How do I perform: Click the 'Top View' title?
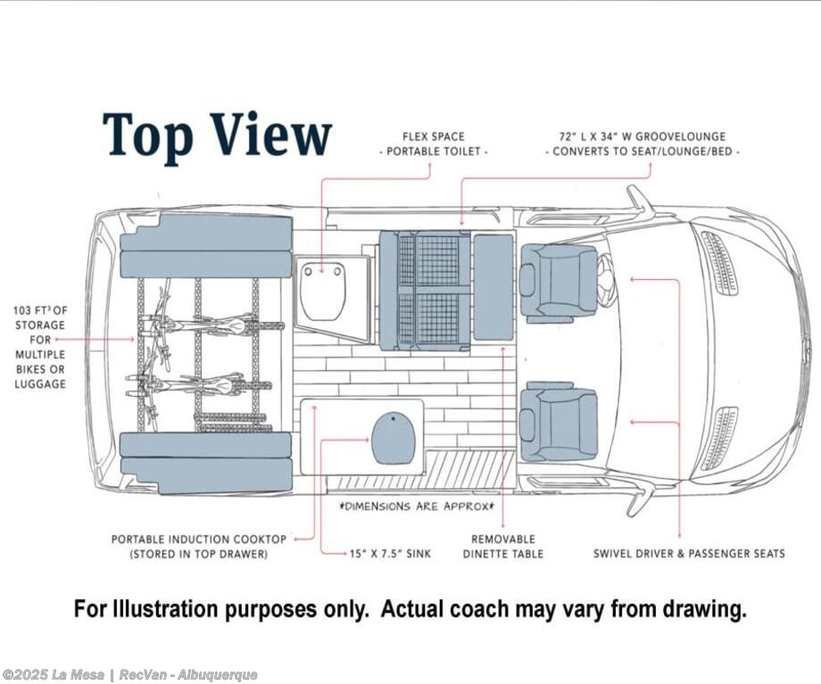(x=217, y=136)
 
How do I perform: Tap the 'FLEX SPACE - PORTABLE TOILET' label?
(x=434, y=144)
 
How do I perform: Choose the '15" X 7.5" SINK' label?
(x=390, y=554)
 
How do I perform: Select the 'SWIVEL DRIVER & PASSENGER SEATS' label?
(x=689, y=554)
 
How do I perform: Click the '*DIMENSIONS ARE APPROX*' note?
(x=414, y=507)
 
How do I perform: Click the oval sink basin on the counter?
(x=394, y=439)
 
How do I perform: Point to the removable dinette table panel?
(x=493, y=286)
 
